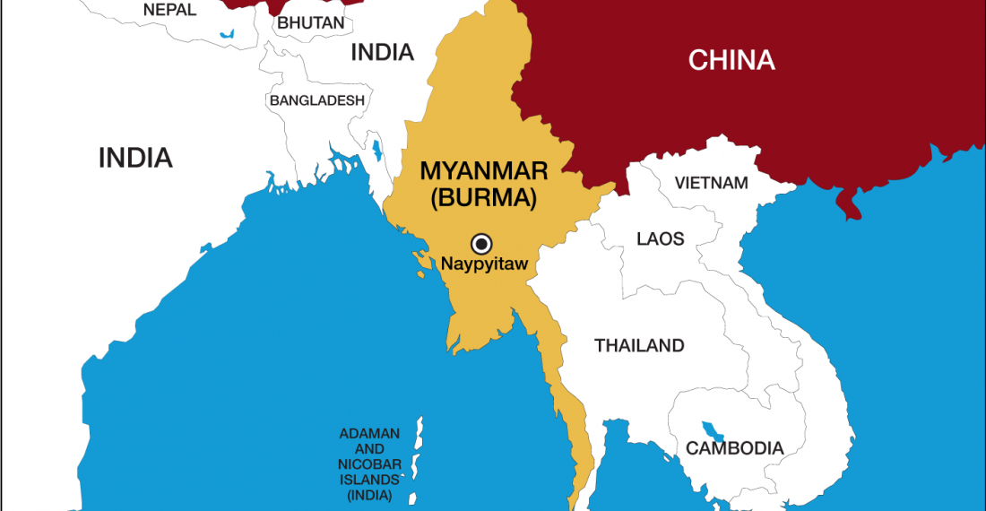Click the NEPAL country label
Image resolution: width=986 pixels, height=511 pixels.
click(170, 10)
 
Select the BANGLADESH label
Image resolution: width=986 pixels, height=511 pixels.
click(317, 100)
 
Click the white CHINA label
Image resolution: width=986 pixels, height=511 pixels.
click(731, 60)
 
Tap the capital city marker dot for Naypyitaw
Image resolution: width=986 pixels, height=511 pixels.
click(482, 242)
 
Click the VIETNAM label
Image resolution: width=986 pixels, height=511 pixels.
click(712, 183)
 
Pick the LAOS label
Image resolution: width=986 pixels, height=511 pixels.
click(660, 238)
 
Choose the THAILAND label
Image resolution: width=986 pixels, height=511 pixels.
click(639, 345)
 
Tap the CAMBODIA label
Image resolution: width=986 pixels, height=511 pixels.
click(735, 448)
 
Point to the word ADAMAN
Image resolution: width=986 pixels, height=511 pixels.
click(369, 434)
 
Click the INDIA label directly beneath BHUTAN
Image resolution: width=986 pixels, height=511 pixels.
click(382, 52)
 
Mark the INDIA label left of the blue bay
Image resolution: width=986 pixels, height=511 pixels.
click(135, 158)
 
